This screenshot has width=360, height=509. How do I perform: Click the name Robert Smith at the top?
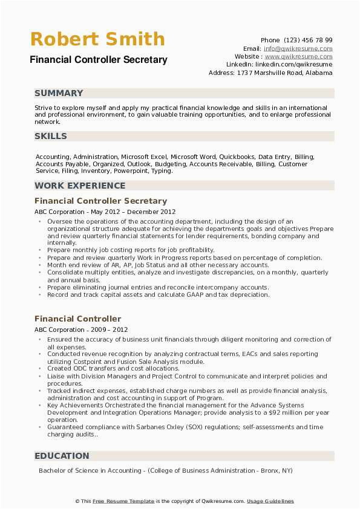click(97, 39)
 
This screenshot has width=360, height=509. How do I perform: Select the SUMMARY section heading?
click(59, 93)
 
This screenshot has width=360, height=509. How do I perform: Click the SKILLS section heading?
click(51, 136)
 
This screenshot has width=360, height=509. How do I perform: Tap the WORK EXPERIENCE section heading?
click(80, 186)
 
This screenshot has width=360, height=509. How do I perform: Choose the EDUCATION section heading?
click(62, 456)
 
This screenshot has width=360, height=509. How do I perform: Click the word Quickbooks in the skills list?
click(237, 157)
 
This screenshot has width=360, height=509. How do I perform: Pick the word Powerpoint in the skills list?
click(132, 171)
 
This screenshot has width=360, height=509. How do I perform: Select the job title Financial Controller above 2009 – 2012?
click(77, 319)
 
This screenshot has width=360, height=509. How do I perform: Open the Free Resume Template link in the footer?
click(123, 501)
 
